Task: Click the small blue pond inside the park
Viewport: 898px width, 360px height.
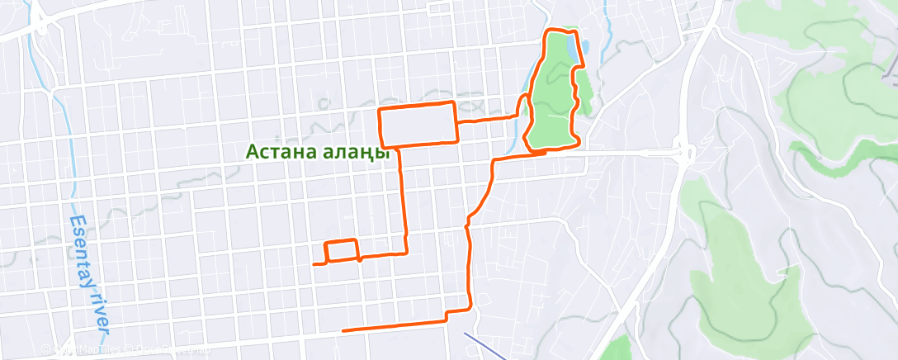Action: (570, 51)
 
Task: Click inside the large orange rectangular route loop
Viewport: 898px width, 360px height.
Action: (417, 124)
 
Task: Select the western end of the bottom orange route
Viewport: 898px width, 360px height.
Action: (343, 330)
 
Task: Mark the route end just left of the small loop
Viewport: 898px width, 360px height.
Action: (315, 264)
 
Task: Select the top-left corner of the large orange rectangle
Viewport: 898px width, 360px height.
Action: (379, 110)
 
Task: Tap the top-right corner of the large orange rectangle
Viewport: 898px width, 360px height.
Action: (453, 102)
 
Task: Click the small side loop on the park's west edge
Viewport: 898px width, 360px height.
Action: (523, 106)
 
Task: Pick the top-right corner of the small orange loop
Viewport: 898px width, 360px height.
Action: (357, 240)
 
